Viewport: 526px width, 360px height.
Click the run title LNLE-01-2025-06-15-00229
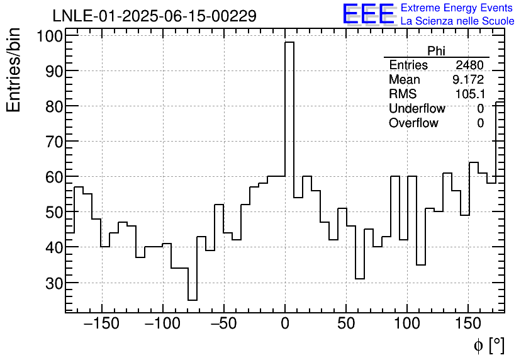pos(154,16)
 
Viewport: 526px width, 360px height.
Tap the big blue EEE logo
pos(368,14)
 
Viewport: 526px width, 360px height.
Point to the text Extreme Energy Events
pos(457,8)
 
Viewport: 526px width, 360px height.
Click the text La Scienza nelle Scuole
pos(457,21)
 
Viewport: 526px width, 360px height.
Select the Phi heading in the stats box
pos(436,51)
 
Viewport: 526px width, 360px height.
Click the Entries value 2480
pos(469,65)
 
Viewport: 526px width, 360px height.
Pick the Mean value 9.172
pos(467,80)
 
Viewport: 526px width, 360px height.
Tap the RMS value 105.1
pos(469,94)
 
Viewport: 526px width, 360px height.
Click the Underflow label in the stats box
pos(417,109)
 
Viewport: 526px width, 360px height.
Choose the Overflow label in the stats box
pos(413,123)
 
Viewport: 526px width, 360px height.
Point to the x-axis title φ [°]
pos(488,345)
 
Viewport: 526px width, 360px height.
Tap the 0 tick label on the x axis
pos(285,325)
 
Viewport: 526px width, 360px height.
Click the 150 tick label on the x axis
pos(469,325)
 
